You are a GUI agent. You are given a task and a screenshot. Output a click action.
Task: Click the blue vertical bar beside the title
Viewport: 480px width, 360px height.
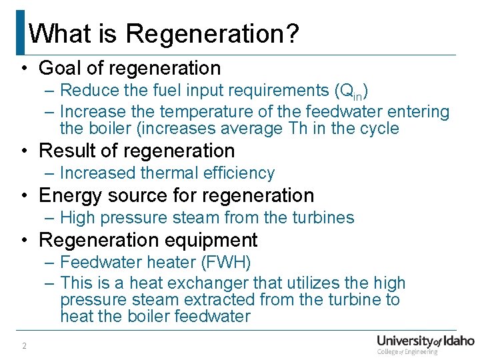(x=20, y=32)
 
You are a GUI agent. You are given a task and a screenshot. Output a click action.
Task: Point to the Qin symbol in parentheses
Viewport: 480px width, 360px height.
(x=350, y=91)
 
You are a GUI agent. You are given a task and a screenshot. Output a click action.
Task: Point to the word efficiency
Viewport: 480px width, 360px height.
(x=236, y=173)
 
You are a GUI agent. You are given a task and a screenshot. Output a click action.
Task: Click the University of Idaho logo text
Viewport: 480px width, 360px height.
(x=425, y=340)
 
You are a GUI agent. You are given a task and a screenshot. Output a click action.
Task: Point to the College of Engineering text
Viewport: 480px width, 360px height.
(x=407, y=351)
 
